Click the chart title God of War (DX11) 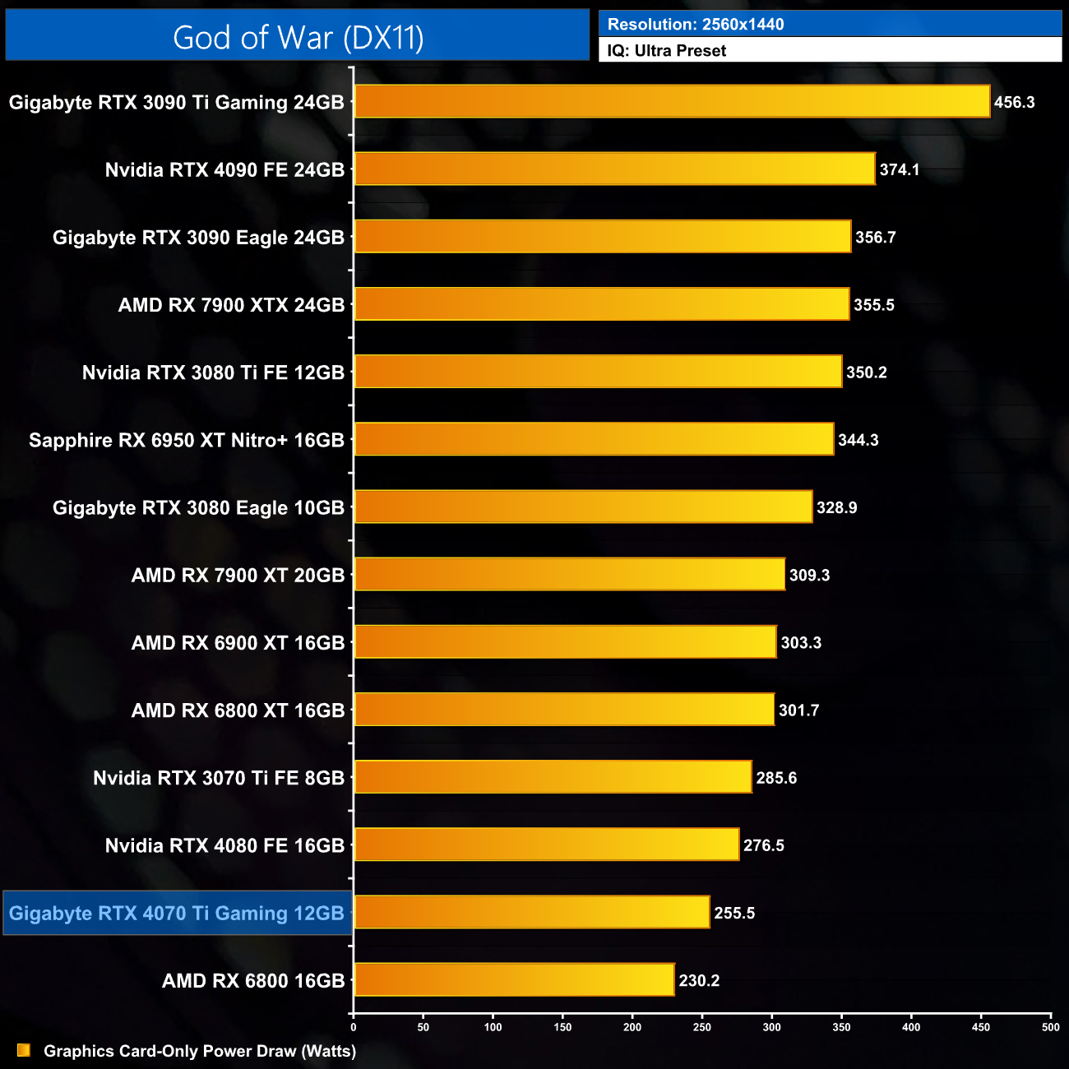coord(298,37)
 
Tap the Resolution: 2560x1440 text coord(696,24)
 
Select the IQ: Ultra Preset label coord(667,51)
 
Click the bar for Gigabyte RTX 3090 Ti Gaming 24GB coord(672,102)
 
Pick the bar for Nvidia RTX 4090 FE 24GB coord(614,169)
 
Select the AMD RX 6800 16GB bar coord(514,980)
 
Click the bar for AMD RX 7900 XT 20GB coord(569,575)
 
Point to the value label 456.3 coord(1014,103)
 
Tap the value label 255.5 coord(734,913)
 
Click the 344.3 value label coord(858,440)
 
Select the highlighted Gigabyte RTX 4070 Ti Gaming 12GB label coord(177,914)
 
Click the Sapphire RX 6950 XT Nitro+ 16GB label coord(187,440)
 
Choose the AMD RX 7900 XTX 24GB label coord(231,305)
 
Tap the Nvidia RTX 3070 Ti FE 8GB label coord(219,778)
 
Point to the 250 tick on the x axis coord(702,1027)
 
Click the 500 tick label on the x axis coord(1051,1027)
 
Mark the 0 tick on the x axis coord(354,1027)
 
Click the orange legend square coord(24,1050)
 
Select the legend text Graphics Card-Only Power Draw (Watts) coord(200,1051)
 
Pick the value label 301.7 coord(798,710)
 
